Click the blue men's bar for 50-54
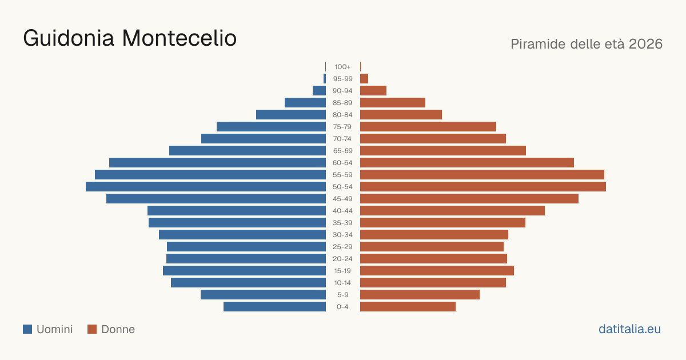(x=206, y=187)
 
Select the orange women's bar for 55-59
(x=482, y=175)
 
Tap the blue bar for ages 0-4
(x=275, y=307)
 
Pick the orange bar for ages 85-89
(x=393, y=102)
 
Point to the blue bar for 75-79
(x=272, y=127)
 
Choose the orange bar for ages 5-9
(x=420, y=295)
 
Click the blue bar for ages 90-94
(x=319, y=91)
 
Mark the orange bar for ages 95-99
(x=364, y=79)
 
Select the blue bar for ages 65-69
(x=248, y=151)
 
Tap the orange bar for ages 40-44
(x=452, y=211)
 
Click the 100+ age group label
(x=342, y=67)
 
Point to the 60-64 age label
(x=342, y=163)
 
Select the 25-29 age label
(x=342, y=247)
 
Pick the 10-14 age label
(x=342, y=283)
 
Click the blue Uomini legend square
(x=27, y=329)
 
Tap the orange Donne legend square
(x=92, y=329)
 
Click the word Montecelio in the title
(x=180, y=38)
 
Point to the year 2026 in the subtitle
(x=646, y=44)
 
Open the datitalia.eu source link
(x=629, y=329)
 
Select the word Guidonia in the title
(x=69, y=38)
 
